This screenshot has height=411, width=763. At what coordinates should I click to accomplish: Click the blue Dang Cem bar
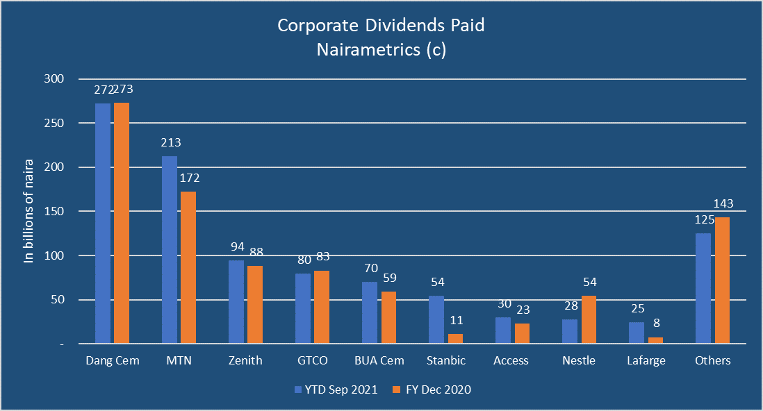pos(103,223)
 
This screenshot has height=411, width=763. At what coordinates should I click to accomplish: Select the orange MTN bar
pos(188,267)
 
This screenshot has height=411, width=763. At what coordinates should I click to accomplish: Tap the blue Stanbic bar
pos(436,319)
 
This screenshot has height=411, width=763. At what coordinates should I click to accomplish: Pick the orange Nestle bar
pos(588,319)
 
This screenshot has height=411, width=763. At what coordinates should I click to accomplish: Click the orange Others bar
pos(721,280)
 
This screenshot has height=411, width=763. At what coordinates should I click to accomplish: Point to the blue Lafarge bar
pos(637,333)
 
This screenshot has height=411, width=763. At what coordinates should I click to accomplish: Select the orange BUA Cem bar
pos(388,317)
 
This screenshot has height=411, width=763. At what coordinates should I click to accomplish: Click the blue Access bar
pos(503,330)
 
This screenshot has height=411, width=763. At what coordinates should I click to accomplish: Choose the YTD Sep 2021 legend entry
pos(336,389)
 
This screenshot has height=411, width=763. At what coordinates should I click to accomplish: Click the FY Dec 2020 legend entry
pos(432,389)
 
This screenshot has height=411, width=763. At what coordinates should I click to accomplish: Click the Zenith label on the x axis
pos(246,360)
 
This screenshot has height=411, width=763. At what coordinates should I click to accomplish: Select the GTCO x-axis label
pos(312,360)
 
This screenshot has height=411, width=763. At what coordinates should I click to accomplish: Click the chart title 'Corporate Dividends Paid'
pos(381,26)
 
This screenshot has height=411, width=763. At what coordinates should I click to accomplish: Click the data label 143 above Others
pos(723,204)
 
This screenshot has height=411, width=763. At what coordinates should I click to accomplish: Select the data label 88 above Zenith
pos(256,253)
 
